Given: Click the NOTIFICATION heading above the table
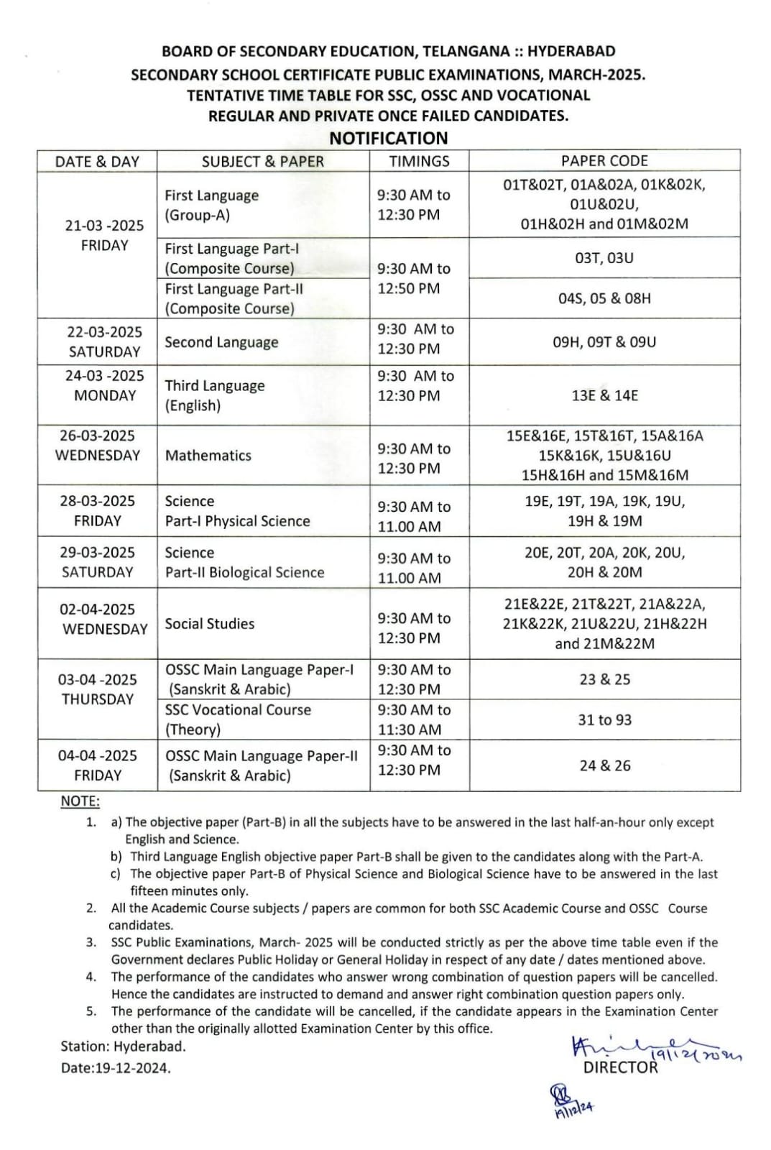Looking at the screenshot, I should point(388,138).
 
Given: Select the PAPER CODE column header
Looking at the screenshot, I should point(604,161).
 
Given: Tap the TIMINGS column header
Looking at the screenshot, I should point(419,161).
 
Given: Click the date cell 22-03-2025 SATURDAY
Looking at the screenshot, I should point(104,341).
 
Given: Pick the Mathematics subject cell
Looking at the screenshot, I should point(208,455).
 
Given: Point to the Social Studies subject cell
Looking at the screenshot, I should point(210,623).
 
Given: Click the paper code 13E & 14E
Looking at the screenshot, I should point(604,395).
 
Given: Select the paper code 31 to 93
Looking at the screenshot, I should point(604,719).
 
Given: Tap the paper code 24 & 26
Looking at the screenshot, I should point(604,765).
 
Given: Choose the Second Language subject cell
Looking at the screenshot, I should point(221,342).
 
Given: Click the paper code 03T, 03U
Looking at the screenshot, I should point(604,258).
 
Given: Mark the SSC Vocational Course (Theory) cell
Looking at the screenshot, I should point(238,719).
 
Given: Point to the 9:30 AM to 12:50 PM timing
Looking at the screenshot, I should point(414,278).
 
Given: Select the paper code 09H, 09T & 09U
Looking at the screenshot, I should point(604,342).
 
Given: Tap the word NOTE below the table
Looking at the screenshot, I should point(80,801).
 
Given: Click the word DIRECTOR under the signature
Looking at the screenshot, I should point(620,1067).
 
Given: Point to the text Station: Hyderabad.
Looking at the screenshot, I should point(123,1046).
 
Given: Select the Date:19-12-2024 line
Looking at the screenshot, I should point(116,1068).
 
